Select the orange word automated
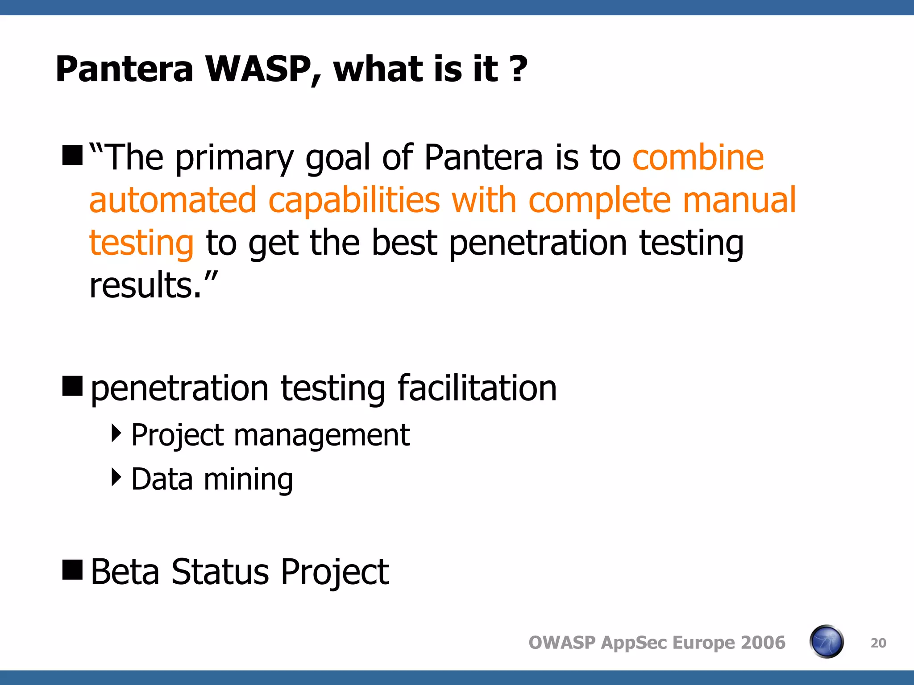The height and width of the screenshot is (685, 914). tap(173, 200)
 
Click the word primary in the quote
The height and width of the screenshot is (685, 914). tap(234, 158)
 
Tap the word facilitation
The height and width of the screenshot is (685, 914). tap(477, 388)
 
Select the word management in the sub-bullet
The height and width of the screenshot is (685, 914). tap(321, 435)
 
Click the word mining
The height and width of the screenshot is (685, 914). tap(248, 480)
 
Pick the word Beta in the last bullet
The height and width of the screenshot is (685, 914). tap(125, 572)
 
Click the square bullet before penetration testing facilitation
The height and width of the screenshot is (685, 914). tap(72, 386)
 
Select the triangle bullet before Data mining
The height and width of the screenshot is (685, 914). tap(116, 477)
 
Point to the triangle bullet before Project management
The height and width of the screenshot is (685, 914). tap(116, 433)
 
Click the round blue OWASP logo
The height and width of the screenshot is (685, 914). tap(826, 642)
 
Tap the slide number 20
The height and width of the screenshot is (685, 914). tap(878, 643)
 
